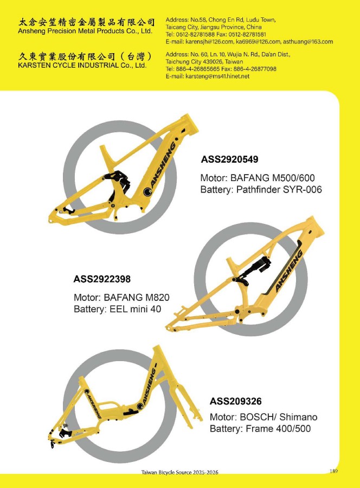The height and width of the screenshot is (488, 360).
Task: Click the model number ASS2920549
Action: point(230,159)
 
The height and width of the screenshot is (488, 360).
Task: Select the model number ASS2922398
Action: point(102,279)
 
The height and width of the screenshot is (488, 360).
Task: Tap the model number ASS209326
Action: point(235,401)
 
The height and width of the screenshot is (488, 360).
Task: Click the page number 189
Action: point(333,471)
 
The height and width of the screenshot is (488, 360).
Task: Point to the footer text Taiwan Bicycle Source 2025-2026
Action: point(179,472)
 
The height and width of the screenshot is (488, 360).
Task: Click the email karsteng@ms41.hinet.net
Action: point(217,76)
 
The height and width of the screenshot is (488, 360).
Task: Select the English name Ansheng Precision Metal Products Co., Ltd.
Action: point(85,31)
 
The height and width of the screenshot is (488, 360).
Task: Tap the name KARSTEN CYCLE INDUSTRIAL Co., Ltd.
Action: point(82,66)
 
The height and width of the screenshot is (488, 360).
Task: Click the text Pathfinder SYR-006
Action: point(279,190)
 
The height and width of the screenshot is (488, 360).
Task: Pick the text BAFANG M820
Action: point(137,297)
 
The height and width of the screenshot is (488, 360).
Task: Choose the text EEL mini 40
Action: point(136,309)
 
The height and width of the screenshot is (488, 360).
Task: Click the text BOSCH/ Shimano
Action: point(279,417)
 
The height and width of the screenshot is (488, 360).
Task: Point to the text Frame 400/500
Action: point(278,428)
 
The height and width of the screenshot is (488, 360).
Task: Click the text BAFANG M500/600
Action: point(272,178)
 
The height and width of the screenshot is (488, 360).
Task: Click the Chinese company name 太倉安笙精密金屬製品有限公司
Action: point(87,22)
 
